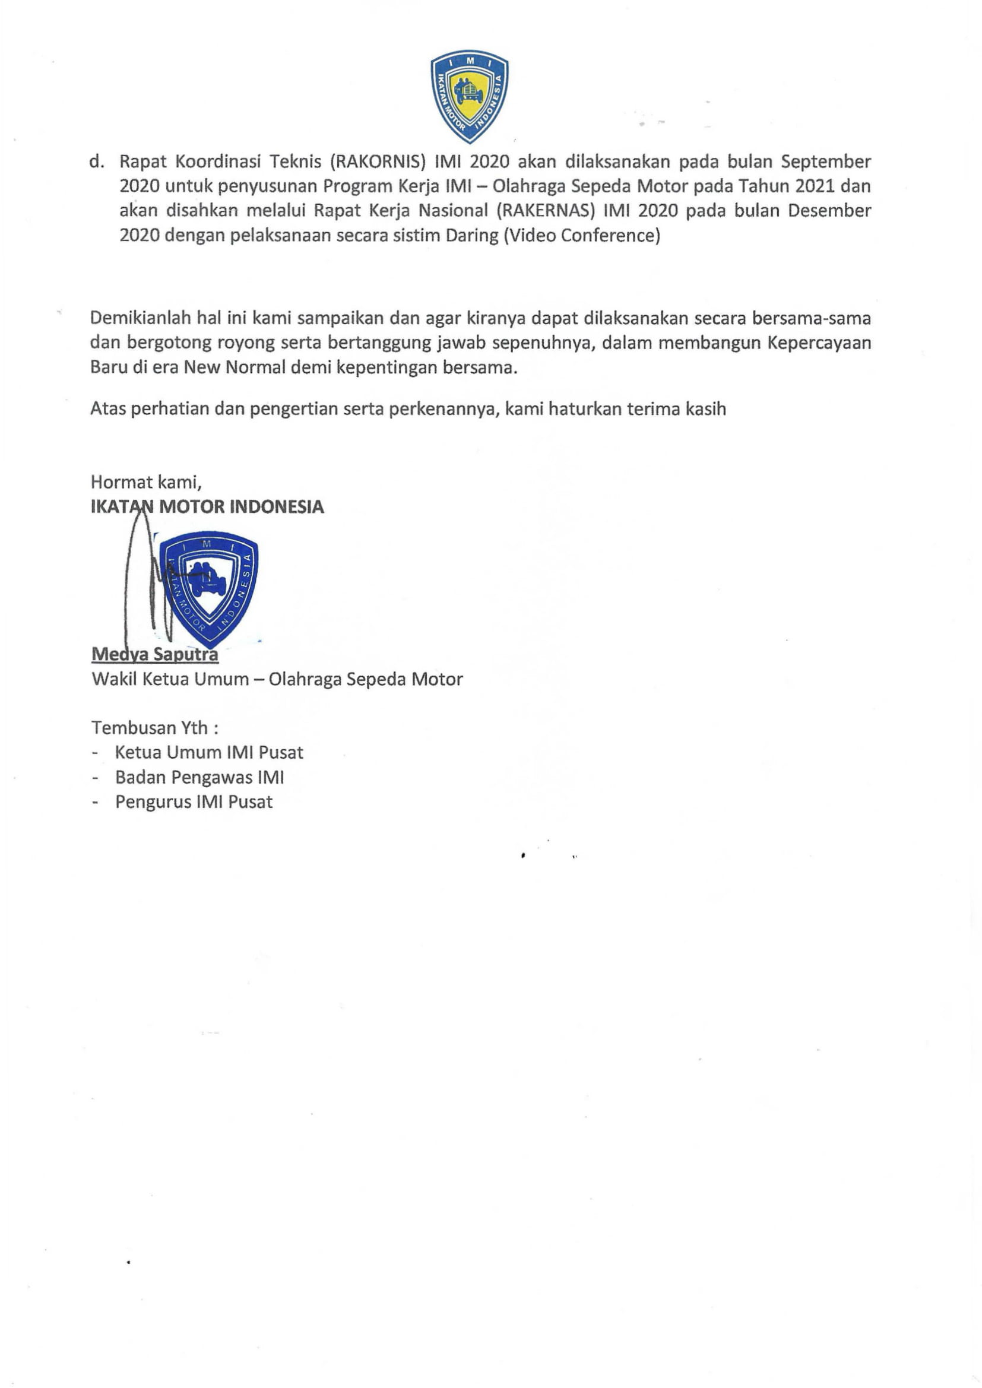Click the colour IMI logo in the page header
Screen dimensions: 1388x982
coord(468,96)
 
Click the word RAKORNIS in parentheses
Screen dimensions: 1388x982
coord(379,162)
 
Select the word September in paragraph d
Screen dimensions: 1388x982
coord(825,162)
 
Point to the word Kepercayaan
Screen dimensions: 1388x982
coord(819,343)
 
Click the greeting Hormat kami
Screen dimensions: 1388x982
coord(145,482)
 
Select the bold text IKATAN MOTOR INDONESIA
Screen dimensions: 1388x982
coord(207,506)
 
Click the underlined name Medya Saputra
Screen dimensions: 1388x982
coord(155,654)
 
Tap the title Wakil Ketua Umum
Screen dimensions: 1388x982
coord(170,680)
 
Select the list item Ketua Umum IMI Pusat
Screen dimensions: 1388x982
coord(208,753)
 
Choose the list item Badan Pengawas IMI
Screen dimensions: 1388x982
coord(199,778)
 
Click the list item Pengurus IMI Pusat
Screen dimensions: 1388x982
coord(194,802)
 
